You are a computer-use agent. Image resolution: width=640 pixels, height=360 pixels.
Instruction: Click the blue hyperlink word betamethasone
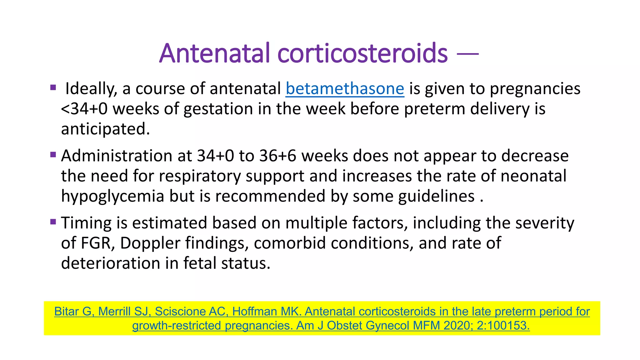tap(345, 89)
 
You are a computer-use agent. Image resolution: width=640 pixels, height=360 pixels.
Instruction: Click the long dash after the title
tap(467, 54)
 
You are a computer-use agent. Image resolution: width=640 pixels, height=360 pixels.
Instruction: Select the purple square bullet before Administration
tap(53, 154)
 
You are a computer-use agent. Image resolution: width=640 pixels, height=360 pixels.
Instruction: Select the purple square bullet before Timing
tap(53, 222)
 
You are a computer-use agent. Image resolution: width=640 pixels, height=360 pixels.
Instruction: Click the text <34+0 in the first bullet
tap(84, 109)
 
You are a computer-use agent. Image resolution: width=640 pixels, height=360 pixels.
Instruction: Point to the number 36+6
tap(277, 156)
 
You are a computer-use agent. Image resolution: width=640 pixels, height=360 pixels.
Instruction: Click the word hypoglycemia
tap(112, 197)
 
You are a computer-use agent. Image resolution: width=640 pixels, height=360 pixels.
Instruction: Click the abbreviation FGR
tap(96, 243)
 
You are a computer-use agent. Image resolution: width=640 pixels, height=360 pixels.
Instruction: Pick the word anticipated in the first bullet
tap(105, 129)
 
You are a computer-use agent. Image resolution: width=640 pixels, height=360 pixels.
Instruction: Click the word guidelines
tap(436, 197)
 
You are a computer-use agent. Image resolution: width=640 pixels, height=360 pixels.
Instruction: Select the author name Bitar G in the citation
tap(73, 312)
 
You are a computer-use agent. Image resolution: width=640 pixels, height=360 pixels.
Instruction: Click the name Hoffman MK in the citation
tap(266, 312)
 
